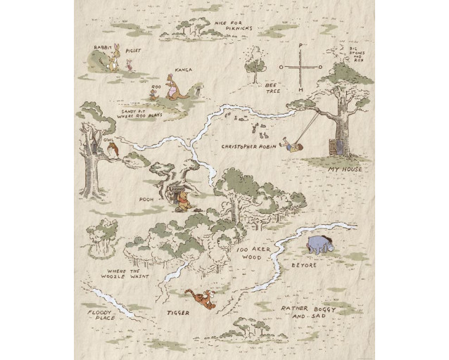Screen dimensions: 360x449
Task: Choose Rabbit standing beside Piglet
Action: pyautogui.click(x=113, y=62)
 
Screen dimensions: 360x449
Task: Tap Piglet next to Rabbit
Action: pyautogui.click(x=129, y=65)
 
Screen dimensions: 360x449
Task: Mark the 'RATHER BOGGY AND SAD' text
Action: pyautogui.click(x=309, y=312)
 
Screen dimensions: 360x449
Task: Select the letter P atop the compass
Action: pyautogui.click(x=301, y=46)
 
